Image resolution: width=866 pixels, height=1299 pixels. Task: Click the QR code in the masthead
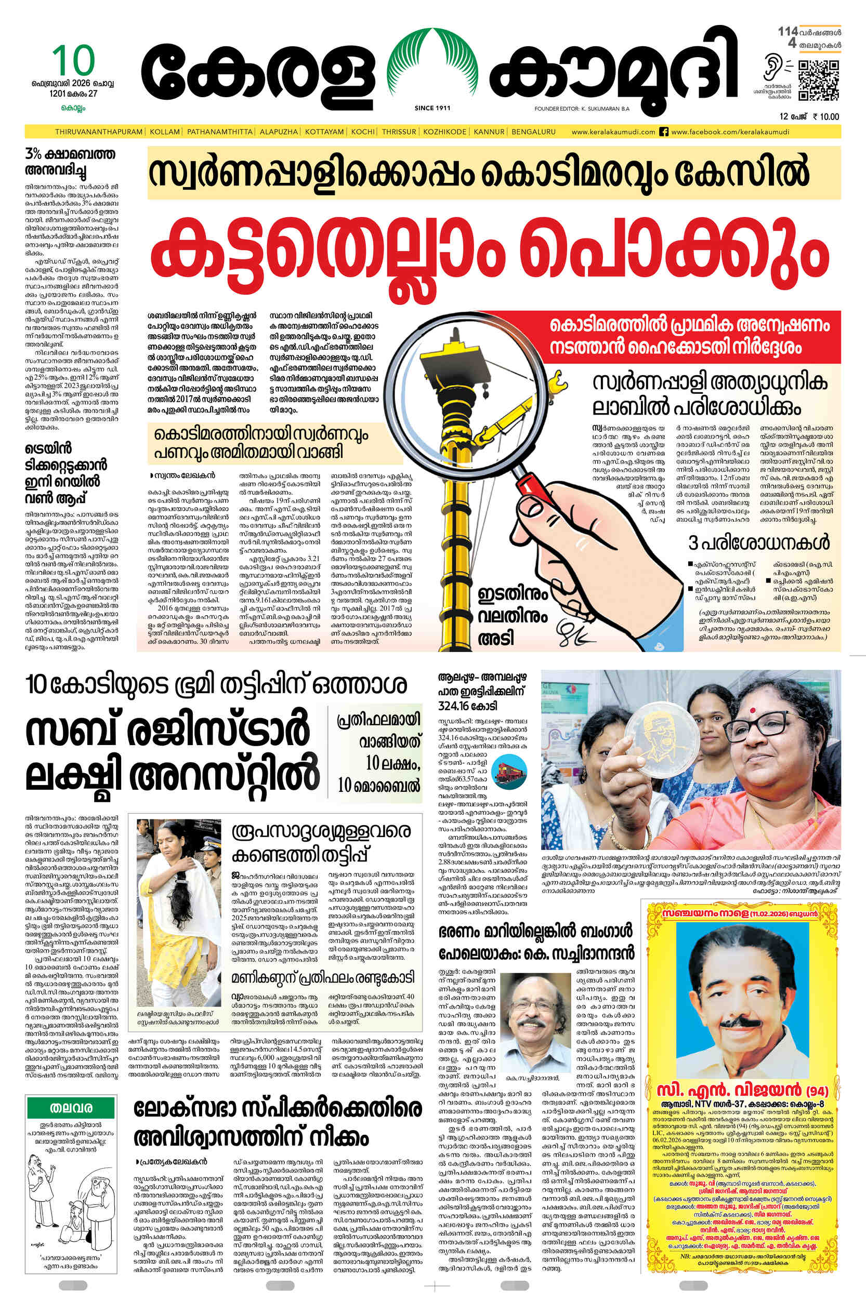819,81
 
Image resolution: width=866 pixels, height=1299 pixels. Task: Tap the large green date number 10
74,61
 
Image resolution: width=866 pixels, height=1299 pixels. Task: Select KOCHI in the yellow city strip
363,132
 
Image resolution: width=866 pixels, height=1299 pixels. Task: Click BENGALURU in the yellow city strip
533,132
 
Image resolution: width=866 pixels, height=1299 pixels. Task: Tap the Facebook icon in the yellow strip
664,132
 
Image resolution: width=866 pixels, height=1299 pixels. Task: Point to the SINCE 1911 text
432,108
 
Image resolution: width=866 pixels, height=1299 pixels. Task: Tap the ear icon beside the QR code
771,69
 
